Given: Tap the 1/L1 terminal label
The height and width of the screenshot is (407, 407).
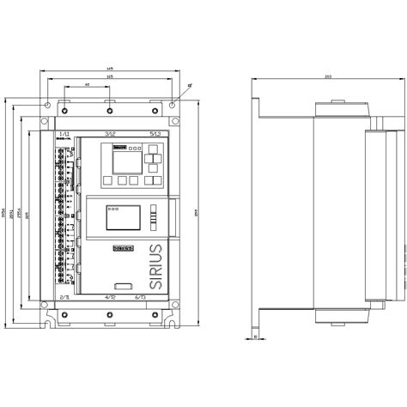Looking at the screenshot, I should click(65, 135).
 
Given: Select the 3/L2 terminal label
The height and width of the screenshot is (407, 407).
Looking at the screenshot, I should click(110, 135).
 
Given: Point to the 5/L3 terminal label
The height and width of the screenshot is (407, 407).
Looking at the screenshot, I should click(155, 135).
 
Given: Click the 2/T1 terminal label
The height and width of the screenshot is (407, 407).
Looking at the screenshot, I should click(65, 296).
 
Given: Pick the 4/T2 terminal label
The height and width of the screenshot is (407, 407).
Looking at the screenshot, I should click(110, 296).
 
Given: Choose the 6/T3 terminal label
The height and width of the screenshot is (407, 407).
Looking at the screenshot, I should click(155, 296).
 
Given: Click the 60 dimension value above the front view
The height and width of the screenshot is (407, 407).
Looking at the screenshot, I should click(88, 86).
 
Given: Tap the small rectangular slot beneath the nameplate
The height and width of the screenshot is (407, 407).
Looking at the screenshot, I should click(123, 284).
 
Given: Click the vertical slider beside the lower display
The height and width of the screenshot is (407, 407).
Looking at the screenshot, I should click(153, 219).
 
